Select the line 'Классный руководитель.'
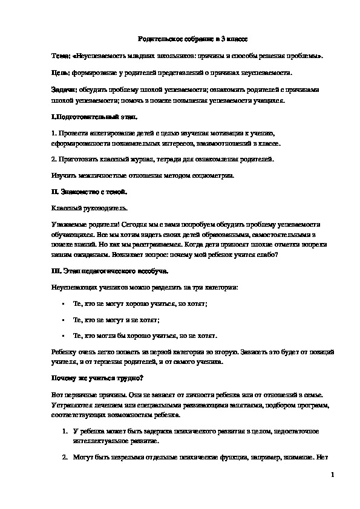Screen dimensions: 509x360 (x=90, y=208)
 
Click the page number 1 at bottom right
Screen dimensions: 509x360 (x=333, y=476)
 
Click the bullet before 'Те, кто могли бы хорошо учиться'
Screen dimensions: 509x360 (x=64, y=335)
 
